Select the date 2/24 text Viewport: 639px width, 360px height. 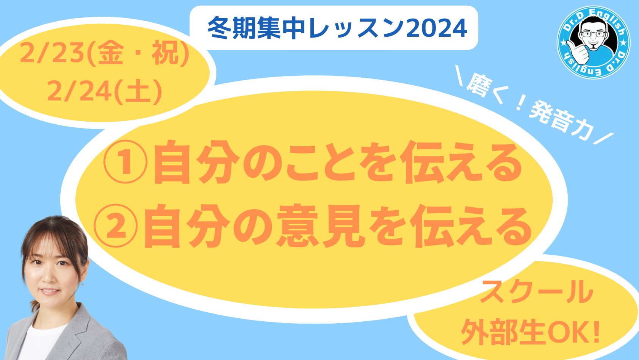click(79, 91)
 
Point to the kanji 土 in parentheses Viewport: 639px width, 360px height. click(138, 91)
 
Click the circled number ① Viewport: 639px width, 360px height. click(125, 161)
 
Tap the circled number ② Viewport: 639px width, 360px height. click(116, 225)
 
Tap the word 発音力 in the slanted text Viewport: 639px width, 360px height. click(561, 121)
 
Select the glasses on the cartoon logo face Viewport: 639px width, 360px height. click(594, 34)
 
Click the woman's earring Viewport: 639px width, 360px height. click(83, 284)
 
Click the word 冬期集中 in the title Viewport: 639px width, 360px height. click(256, 28)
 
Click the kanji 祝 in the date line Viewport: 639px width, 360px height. click(164, 53)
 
